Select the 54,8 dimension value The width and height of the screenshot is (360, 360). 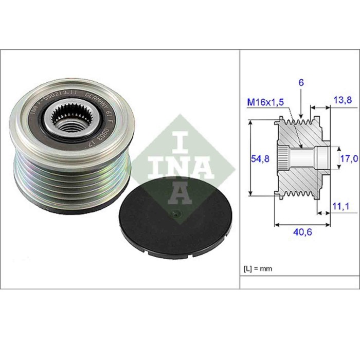260,158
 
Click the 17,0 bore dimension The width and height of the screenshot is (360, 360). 348,158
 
